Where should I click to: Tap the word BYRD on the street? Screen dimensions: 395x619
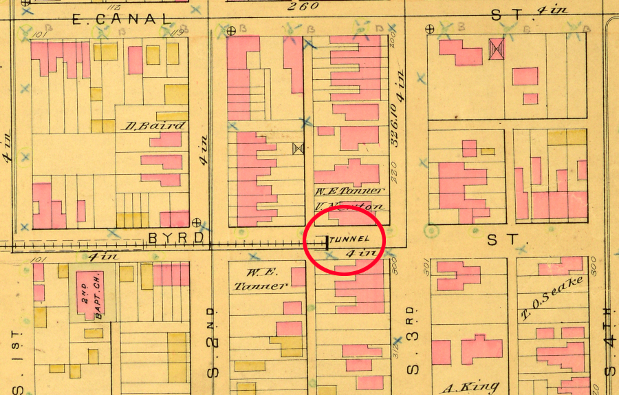click(x=176, y=237)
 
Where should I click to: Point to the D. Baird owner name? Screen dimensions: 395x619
click(x=155, y=126)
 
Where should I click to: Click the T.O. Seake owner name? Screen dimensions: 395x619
click(x=552, y=299)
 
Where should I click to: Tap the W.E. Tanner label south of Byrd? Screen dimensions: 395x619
click(x=259, y=278)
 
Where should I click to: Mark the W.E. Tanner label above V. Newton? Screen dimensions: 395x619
click(x=351, y=191)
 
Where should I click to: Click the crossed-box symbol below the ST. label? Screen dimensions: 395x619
click(x=496, y=47)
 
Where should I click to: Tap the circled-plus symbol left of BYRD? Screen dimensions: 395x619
click(x=197, y=222)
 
